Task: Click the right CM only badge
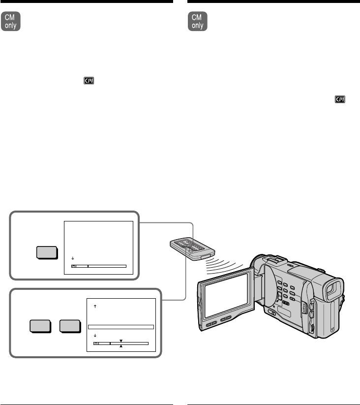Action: pyautogui.click(x=198, y=22)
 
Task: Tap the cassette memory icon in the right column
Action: pyautogui.click(x=340, y=99)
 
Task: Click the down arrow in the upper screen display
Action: pyautogui.click(x=72, y=258)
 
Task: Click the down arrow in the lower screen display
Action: pyautogui.click(x=94, y=336)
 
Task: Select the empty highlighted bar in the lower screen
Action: pyautogui.click(x=121, y=326)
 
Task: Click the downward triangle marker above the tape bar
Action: pyautogui.click(x=121, y=340)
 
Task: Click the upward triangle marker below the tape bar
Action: pyautogui.click(x=121, y=346)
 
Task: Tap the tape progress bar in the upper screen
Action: pyautogui.click(x=99, y=266)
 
